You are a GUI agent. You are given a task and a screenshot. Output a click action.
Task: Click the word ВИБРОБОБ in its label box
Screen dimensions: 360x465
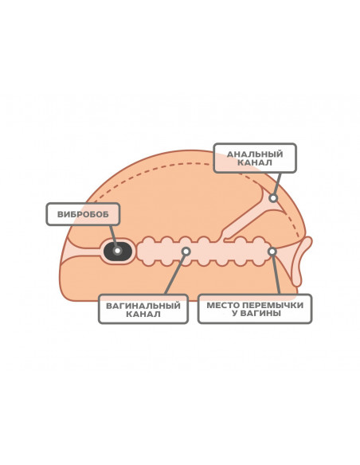[83, 214]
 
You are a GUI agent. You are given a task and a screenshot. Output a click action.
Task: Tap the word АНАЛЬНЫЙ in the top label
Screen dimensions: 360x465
[255, 154]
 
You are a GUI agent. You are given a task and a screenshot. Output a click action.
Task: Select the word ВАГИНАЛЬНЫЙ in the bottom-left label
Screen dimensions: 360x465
[143, 306]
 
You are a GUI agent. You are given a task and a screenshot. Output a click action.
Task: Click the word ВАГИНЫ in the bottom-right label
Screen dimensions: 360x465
[260, 313]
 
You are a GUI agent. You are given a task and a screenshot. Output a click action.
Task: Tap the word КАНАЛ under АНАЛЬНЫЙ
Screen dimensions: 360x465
[255, 162]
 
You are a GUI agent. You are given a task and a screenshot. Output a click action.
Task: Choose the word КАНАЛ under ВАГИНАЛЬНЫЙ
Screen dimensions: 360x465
[143, 314]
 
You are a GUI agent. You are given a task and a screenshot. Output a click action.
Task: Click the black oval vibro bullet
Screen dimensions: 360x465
[117, 251]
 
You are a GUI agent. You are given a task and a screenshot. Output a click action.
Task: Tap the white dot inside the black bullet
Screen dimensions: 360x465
[117, 251]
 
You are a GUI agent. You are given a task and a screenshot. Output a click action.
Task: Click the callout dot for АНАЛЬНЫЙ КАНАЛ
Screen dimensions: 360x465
[273, 197]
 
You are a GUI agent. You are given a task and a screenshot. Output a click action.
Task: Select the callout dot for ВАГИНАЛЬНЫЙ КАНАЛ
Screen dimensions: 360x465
[186, 252]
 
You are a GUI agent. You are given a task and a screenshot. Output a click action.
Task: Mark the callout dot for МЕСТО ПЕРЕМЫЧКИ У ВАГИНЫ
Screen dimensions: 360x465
[272, 252]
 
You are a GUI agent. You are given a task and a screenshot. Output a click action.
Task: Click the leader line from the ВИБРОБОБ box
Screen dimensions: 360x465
[113, 236]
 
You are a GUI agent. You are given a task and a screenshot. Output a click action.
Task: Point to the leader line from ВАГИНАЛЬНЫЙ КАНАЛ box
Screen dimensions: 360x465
[175, 275]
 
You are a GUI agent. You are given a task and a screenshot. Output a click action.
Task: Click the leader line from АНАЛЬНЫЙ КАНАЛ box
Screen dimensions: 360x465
[277, 183]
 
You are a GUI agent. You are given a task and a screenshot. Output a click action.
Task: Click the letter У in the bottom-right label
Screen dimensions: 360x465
[234, 313]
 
